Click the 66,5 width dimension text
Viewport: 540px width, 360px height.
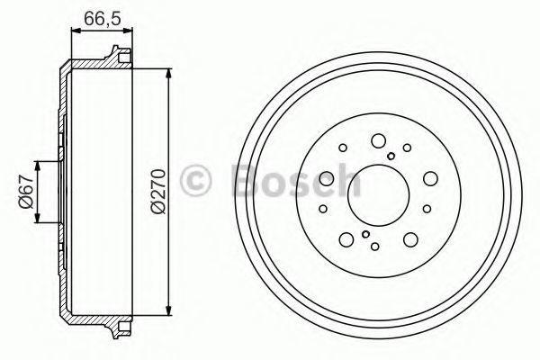103,19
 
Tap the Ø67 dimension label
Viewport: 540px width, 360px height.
26,192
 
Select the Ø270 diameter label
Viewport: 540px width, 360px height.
158,191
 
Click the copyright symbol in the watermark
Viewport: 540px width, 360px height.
195,181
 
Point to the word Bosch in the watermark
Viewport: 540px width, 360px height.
297,180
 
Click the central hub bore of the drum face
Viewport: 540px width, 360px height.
378,195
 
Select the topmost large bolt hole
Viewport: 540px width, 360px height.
378,140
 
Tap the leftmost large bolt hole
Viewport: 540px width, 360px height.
327,178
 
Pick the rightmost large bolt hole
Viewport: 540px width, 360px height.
430,178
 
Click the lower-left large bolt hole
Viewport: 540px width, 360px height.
346,239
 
